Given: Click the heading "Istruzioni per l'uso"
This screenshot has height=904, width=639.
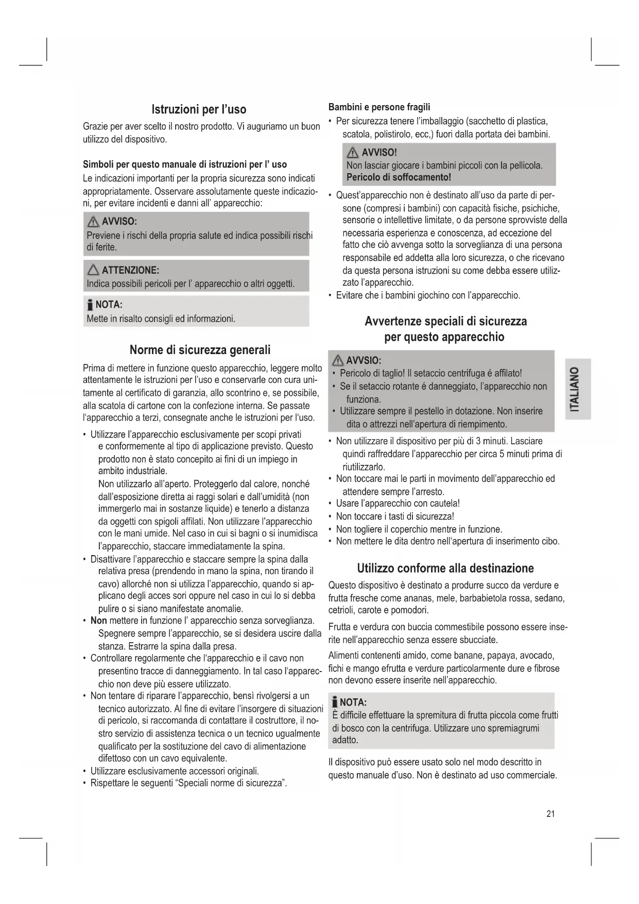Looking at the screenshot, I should (199, 109).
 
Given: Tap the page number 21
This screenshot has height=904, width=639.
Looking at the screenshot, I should (550, 814).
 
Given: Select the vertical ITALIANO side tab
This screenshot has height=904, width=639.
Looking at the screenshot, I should (577, 389).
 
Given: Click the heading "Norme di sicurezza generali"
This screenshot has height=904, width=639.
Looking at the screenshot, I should (200, 350).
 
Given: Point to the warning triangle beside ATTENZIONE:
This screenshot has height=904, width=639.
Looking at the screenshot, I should (93, 270).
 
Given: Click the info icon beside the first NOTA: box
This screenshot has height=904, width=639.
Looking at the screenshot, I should (90, 305).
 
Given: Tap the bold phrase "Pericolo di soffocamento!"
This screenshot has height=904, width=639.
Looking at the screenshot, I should (399, 177).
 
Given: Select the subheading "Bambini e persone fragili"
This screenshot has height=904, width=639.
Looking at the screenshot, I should (379, 107).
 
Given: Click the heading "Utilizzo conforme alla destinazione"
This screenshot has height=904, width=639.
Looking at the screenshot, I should (445, 568).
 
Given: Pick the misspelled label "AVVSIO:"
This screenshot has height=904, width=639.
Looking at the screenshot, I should (364, 360).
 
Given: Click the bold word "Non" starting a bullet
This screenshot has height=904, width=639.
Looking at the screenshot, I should (98, 621).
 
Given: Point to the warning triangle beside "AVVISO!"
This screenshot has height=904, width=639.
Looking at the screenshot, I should (353, 153).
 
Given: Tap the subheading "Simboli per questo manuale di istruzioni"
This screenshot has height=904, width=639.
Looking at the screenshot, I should (185, 164).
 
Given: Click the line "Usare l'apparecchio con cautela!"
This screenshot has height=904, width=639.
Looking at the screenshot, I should (398, 504).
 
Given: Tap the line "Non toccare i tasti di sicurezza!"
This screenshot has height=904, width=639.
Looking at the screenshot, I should (395, 516).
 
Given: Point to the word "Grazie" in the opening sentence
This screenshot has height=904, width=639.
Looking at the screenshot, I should (95, 126).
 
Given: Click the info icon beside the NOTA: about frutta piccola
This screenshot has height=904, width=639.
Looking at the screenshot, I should (335, 702).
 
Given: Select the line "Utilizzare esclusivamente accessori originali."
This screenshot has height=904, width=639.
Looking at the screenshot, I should (175, 771).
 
